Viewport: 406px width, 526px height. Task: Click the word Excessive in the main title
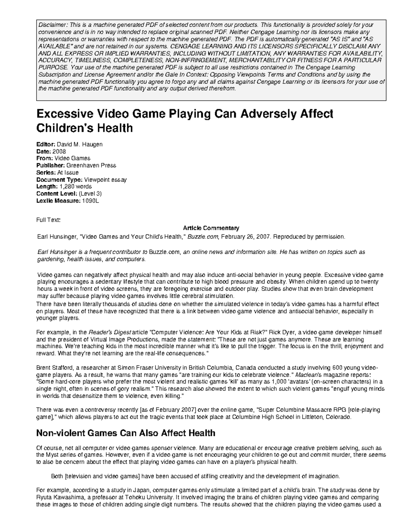pyautogui.click(x=63, y=114)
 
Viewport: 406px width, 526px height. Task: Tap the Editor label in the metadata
pyautogui.click(x=45, y=144)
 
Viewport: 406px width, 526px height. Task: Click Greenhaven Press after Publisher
pyautogui.click(x=91, y=166)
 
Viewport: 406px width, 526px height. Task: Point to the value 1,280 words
pyautogui.click(x=75, y=187)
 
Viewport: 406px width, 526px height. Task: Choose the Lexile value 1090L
pyautogui.click(x=90, y=201)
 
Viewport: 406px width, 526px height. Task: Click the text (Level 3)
pyautogui.click(x=90, y=194)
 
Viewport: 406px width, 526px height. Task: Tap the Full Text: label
pyautogui.click(x=48, y=220)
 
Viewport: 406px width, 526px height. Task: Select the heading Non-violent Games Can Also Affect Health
pyautogui.click(x=126, y=433)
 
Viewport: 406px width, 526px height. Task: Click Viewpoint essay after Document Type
pyautogui.click(x=105, y=180)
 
